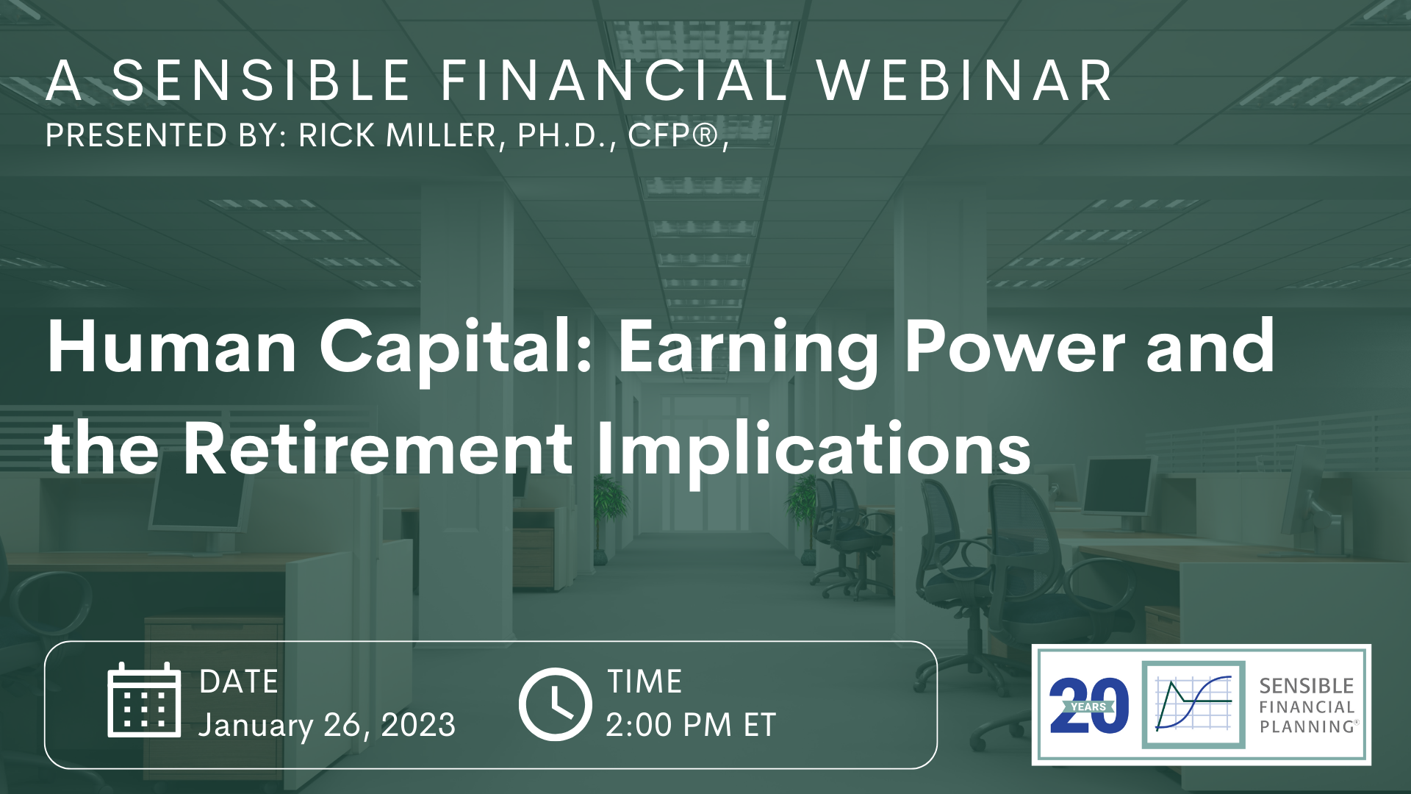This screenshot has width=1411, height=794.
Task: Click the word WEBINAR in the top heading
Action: click(964, 80)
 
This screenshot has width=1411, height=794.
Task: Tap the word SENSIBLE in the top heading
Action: click(261, 80)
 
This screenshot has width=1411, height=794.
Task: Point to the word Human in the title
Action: click(172, 347)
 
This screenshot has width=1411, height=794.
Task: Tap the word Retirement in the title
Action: click(378, 448)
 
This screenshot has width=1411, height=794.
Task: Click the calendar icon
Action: click(144, 700)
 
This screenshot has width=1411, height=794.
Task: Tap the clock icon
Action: click(555, 704)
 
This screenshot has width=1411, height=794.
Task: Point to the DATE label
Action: click(239, 682)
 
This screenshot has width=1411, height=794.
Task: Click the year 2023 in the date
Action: click(418, 725)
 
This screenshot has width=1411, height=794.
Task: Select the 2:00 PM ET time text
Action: click(691, 725)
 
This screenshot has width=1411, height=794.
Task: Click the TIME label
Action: click(645, 682)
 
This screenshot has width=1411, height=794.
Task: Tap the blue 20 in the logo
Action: click(1089, 706)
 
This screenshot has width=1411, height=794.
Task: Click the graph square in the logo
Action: click(1193, 704)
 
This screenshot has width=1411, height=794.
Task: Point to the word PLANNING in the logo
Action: click(1309, 726)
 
